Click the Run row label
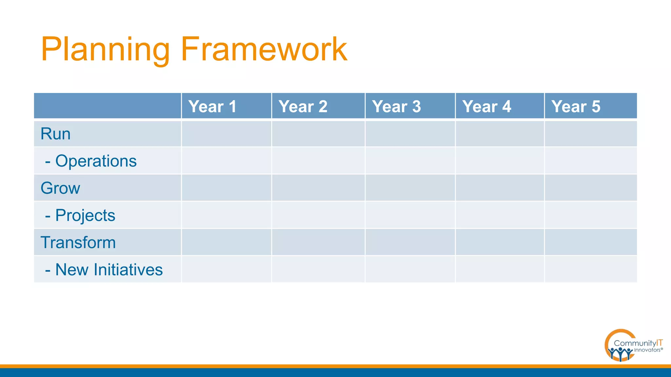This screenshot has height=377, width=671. (55, 134)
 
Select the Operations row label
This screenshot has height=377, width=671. (95, 161)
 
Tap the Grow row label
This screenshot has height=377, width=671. (60, 188)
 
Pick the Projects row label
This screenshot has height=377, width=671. (85, 215)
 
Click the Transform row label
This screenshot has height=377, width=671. (78, 242)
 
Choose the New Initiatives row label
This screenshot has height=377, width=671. (108, 270)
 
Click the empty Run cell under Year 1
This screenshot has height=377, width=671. (226, 134)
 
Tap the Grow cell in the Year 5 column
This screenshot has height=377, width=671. (591, 188)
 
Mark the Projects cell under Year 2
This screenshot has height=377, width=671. (318, 215)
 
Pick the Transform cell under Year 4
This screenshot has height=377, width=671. (500, 242)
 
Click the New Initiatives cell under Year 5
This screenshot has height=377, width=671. (591, 269)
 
